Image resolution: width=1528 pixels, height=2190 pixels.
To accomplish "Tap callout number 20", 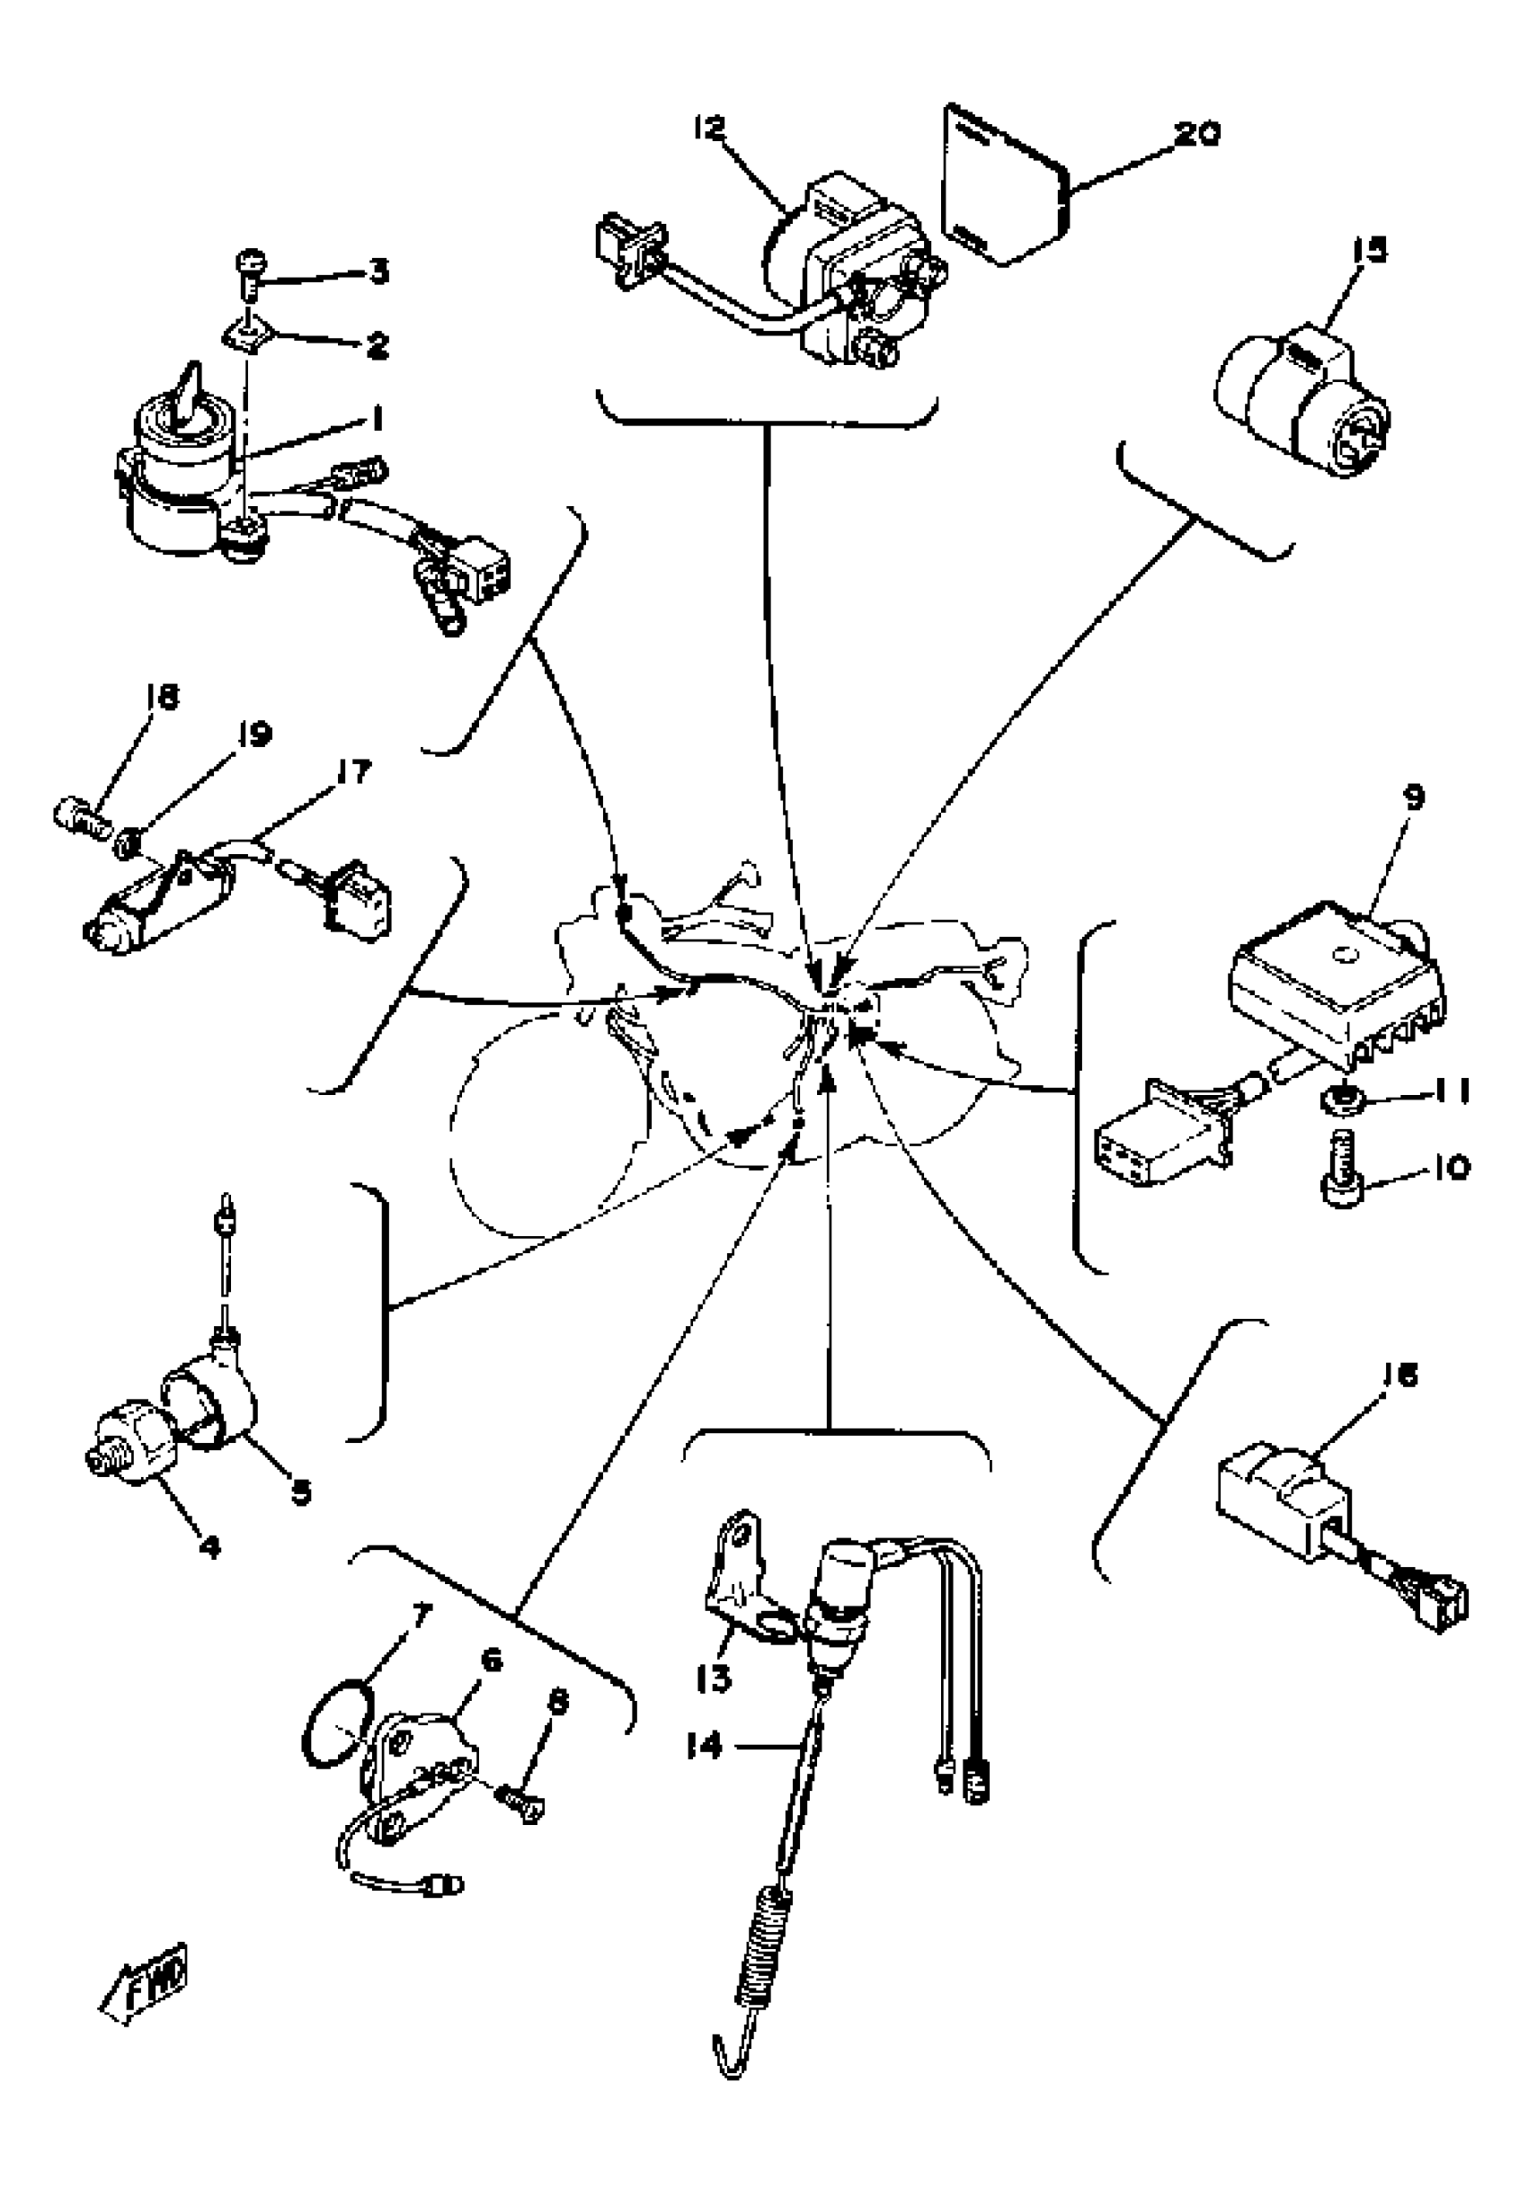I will (1196, 135).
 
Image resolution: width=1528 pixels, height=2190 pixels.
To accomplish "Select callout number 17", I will (354, 771).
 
